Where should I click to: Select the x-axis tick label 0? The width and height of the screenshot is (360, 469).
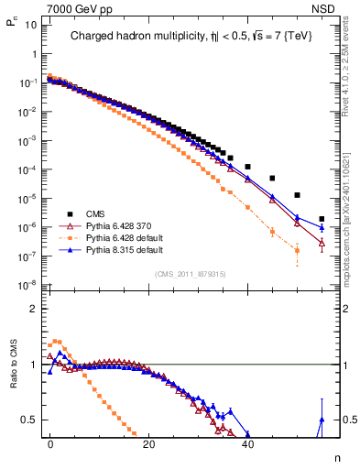(51, 442)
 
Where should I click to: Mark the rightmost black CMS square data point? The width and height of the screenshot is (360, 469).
(322, 219)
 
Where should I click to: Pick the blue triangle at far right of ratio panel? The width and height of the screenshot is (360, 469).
(322, 420)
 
